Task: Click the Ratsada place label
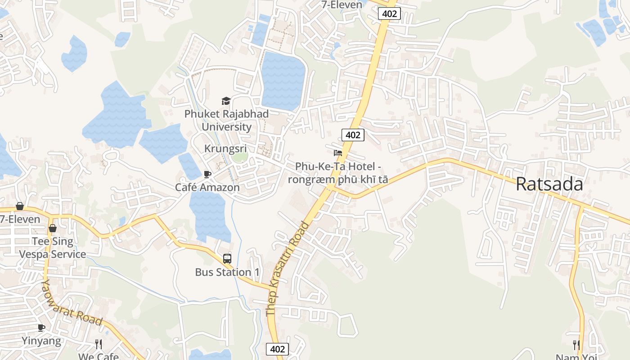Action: pos(549,184)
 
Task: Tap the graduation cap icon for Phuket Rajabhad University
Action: pos(226,101)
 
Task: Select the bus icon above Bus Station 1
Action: pos(227,259)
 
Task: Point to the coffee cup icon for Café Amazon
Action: pos(207,174)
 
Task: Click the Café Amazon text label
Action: pos(207,187)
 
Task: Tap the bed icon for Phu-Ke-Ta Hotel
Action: pos(338,153)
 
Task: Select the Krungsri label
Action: pos(225,148)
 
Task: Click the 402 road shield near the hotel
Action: pos(352,135)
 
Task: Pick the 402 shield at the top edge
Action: pos(389,13)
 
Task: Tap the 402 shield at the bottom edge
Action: pos(277,349)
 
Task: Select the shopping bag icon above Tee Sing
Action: pos(53,228)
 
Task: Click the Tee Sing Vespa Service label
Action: pos(52,248)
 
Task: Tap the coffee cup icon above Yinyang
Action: pos(41,328)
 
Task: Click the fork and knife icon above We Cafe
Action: pos(99,344)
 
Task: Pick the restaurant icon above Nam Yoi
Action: pos(576,345)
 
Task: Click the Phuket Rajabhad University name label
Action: pos(226,120)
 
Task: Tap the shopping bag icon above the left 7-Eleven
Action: pos(20,206)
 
